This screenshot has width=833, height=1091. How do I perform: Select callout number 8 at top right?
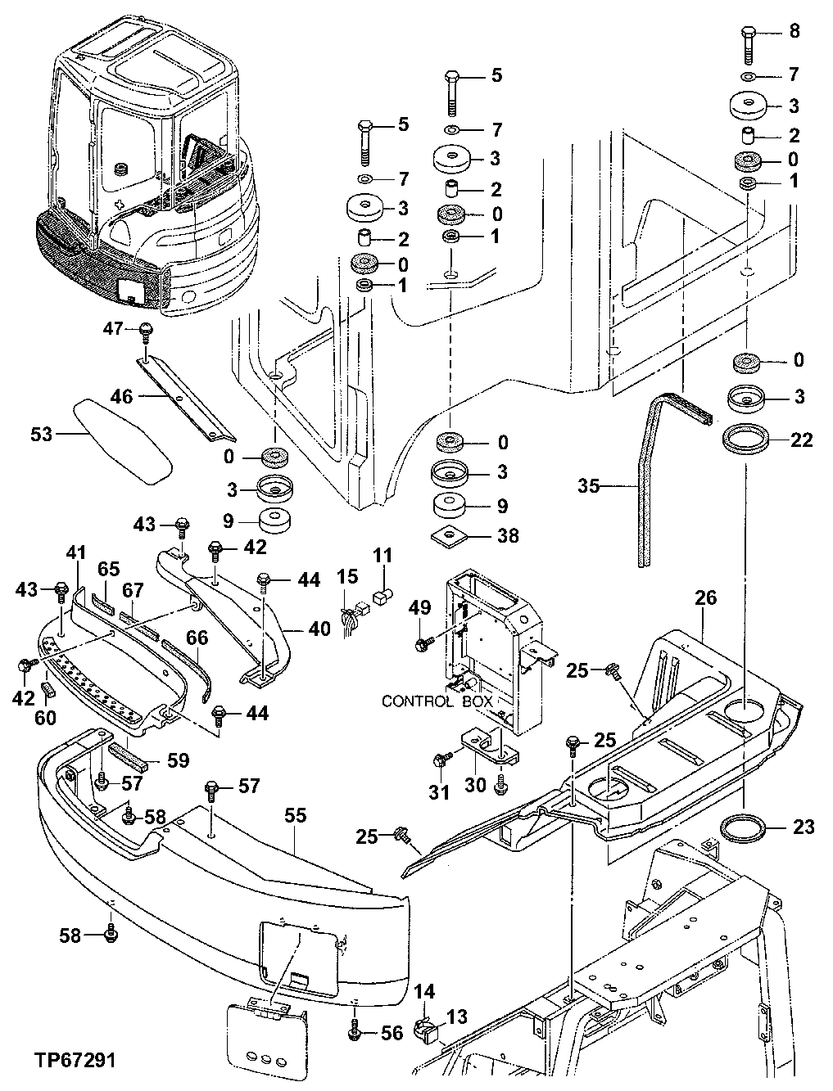pos(794,32)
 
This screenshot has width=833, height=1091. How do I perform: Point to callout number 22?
pos(802,440)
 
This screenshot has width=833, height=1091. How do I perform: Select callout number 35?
pos(588,487)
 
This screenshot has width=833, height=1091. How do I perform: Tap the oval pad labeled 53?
pos(123,441)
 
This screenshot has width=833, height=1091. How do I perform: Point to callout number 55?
pos(295,815)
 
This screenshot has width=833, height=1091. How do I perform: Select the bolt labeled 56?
pos(355,1031)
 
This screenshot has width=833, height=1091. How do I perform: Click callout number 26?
pos(706,598)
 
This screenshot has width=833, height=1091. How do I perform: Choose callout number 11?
pos(383,557)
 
